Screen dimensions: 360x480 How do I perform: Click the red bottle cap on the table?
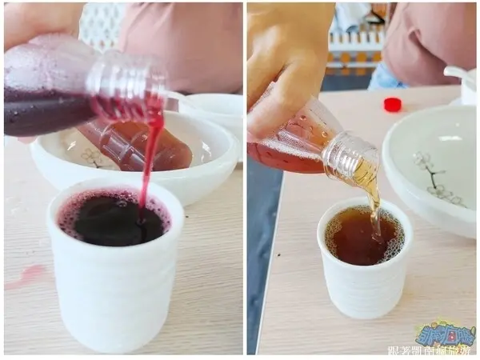392,104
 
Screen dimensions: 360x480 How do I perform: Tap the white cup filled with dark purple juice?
116,272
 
